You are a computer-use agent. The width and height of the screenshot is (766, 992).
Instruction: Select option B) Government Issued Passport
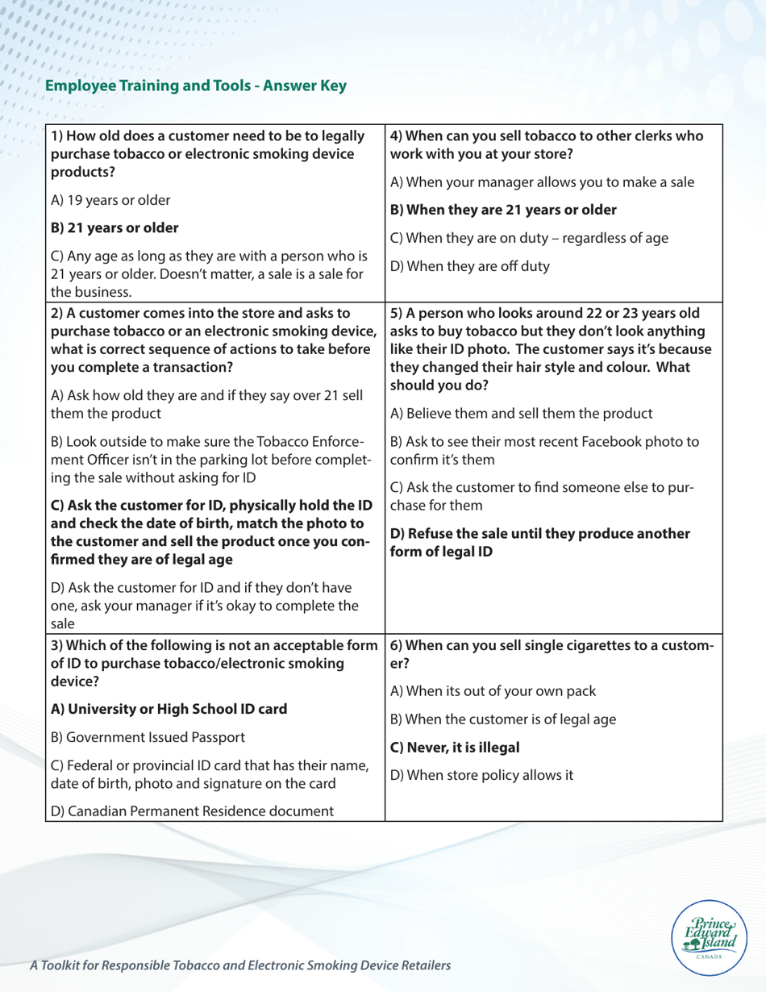[138, 736]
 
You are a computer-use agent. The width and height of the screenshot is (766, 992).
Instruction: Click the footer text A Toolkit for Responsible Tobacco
[239, 964]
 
